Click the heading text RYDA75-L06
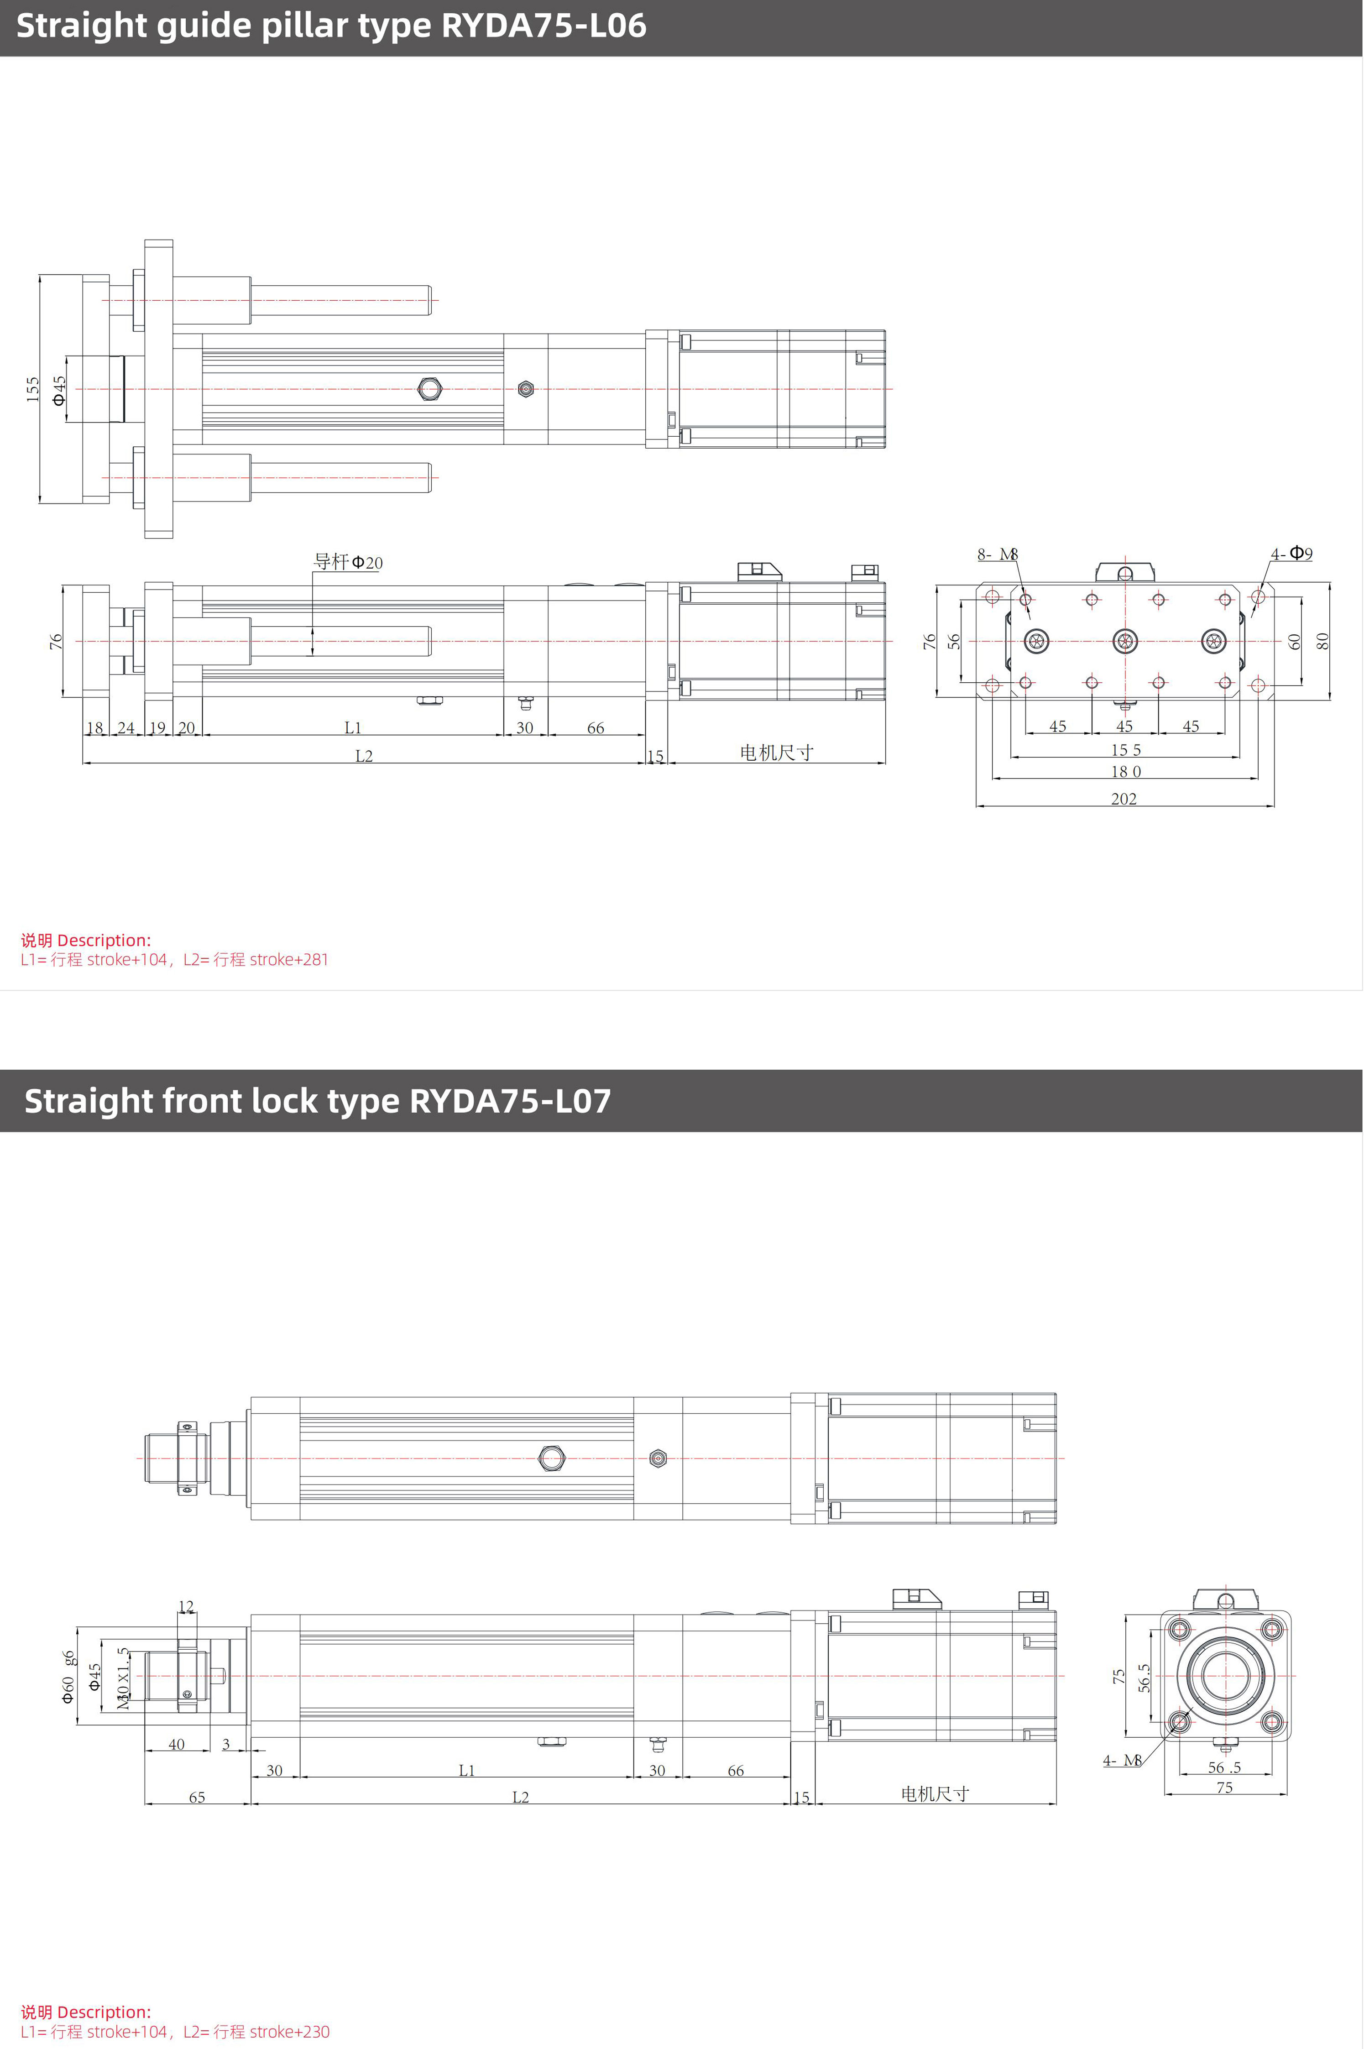pyautogui.click(x=543, y=25)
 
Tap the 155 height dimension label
pyautogui.click(x=32, y=389)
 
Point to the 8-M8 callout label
pyautogui.click(x=997, y=554)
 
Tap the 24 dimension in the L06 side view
pyautogui.click(x=126, y=727)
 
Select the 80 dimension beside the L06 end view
pyautogui.click(x=1322, y=641)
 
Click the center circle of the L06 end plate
pyautogui.click(x=1125, y=642)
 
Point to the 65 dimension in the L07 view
pyautogui.click(x=198, y=1797)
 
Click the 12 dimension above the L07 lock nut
pyautogui.click(x=186, y=1606)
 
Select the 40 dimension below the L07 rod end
pyautogui.click(x=177, y=1744)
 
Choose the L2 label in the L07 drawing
pyautogui.click(x=520, y=1797)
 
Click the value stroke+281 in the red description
pyautogui.click(x=289, y=959)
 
